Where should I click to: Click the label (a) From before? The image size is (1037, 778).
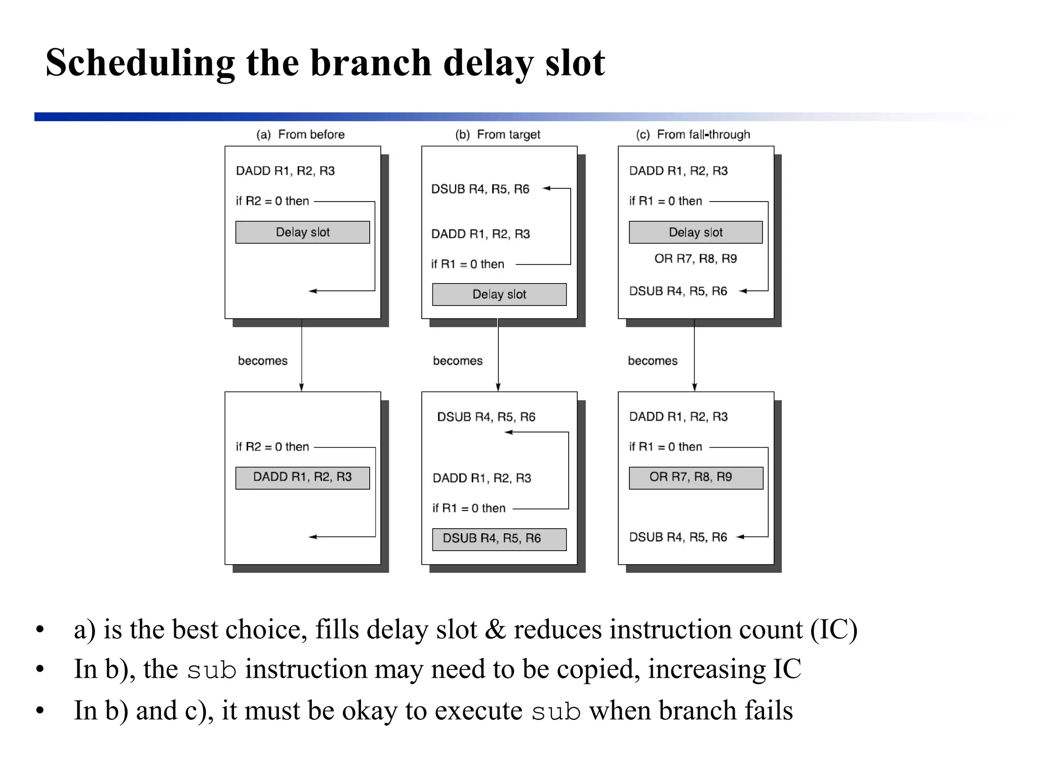tap(300, 134)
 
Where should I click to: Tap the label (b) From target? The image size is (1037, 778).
tap(497, 134)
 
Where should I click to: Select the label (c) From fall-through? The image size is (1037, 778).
tap(693, 134)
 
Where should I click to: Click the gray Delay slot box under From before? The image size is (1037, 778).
tap(302, 232)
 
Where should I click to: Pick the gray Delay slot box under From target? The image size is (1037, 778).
tap(499, 294)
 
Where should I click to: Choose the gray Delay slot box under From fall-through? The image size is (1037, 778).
tap(695, 232)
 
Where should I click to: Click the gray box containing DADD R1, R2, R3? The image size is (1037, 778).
tap(302, 478)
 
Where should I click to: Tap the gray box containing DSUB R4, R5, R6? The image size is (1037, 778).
tap(499, 539)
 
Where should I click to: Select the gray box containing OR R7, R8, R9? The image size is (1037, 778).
tap(695, 478)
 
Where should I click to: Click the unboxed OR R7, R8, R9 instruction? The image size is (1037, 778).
tap(695, 259)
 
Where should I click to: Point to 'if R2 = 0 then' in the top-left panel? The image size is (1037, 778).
tap(272, 201)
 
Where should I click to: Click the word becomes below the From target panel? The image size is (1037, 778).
tap(457, 361)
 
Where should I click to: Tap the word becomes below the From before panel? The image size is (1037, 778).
tap(262, 361)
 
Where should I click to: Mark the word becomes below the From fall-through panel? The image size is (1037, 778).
tap(652, 361)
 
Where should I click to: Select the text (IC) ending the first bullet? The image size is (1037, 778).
tap(833, 630)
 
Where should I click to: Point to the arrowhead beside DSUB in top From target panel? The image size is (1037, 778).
tap(547, 188)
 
